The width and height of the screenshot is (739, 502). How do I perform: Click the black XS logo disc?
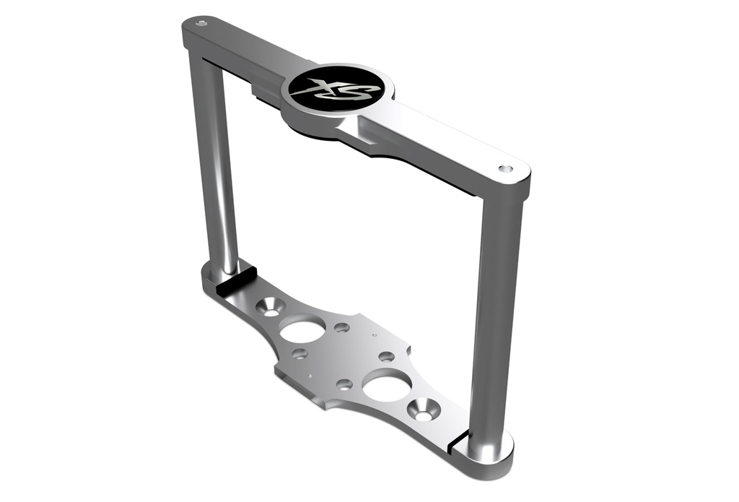point(336,90)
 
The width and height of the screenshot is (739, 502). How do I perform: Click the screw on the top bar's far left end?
point(201,23)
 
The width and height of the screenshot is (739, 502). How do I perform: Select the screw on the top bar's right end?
point(506,168)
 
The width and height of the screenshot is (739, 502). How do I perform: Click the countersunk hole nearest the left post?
point(272,306)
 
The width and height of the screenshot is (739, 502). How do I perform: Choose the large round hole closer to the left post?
point(302,331)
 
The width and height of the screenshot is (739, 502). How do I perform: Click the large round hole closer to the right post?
point(386,386)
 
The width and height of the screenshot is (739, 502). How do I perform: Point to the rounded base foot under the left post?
point(212,278)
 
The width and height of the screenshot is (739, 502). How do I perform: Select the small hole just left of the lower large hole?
point(344,384)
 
